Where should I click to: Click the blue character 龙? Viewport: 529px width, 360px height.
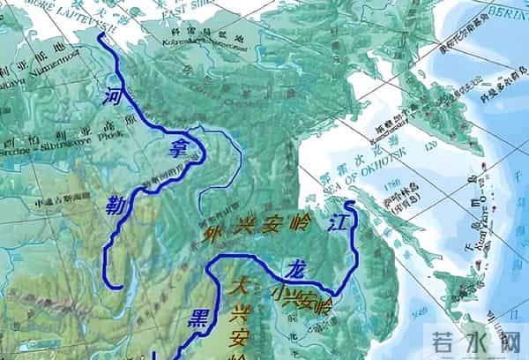pyautogui.click(x=294, y=267)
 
